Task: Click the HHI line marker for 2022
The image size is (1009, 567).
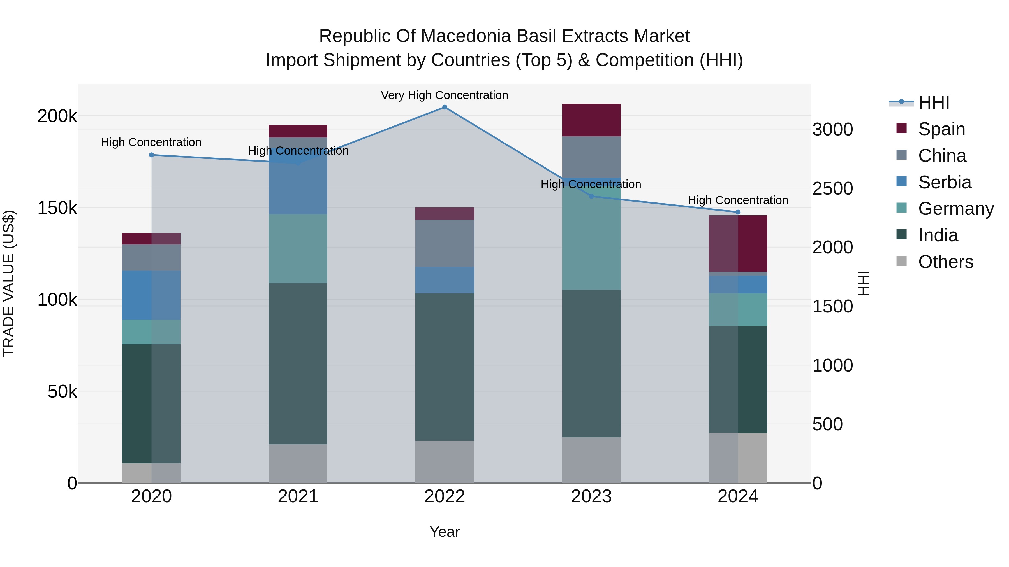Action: click(445, 107)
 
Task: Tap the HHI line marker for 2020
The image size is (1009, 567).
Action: click(152, 155)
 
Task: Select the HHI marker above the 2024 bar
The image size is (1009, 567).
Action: click(738, 212)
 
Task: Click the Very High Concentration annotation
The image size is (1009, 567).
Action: click(445, 95)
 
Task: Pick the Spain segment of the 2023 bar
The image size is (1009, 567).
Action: click(591, 120)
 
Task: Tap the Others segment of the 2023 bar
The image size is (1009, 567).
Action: click(591, 460)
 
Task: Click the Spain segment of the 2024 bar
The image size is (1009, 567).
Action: click(738, 243)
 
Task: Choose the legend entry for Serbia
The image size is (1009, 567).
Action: click(944, 182)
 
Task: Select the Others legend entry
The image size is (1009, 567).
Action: click(945, 262)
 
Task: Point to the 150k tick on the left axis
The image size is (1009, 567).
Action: click(57, 208)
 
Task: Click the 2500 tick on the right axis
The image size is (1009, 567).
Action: click(832, 189)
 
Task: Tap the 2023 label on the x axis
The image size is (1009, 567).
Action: click(591, 496)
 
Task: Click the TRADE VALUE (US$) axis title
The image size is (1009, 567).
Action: click(9, 283)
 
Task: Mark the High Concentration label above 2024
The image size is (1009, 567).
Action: click(738, 200)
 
